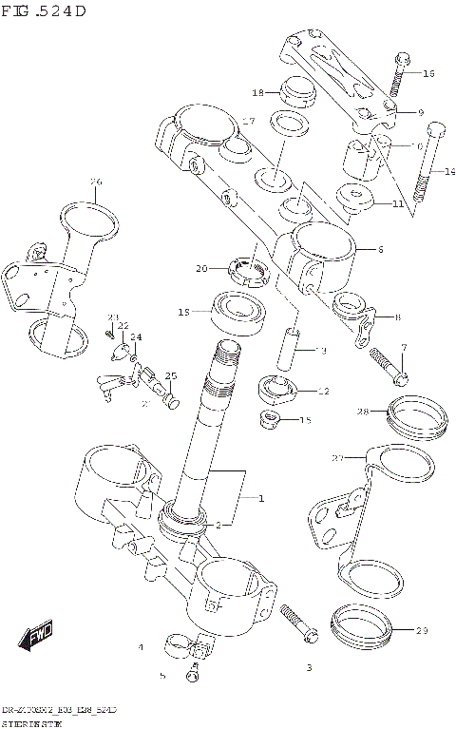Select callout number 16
427,73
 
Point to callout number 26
95,182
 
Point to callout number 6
379,250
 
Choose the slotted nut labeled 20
251,269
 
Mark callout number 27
336,458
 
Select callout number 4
141,647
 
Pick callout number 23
112,317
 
